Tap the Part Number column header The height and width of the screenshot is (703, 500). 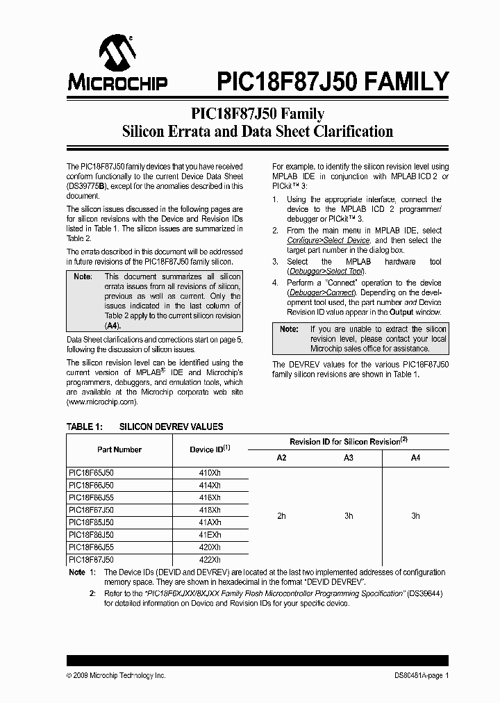pos(119,449)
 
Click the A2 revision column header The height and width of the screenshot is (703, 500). pos(281,458)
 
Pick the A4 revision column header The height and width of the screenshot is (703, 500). pos(415,458)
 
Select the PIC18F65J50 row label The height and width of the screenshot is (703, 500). pos(92,472)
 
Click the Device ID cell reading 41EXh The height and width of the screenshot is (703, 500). pos(210,536)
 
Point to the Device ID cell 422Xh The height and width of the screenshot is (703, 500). pos(210,559)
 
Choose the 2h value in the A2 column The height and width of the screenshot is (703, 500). pos(281,516)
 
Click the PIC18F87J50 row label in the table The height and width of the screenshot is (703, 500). pos(92,559)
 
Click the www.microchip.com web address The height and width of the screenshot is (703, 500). pos(101,402)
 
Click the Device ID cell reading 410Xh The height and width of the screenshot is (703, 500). pos(210,472)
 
